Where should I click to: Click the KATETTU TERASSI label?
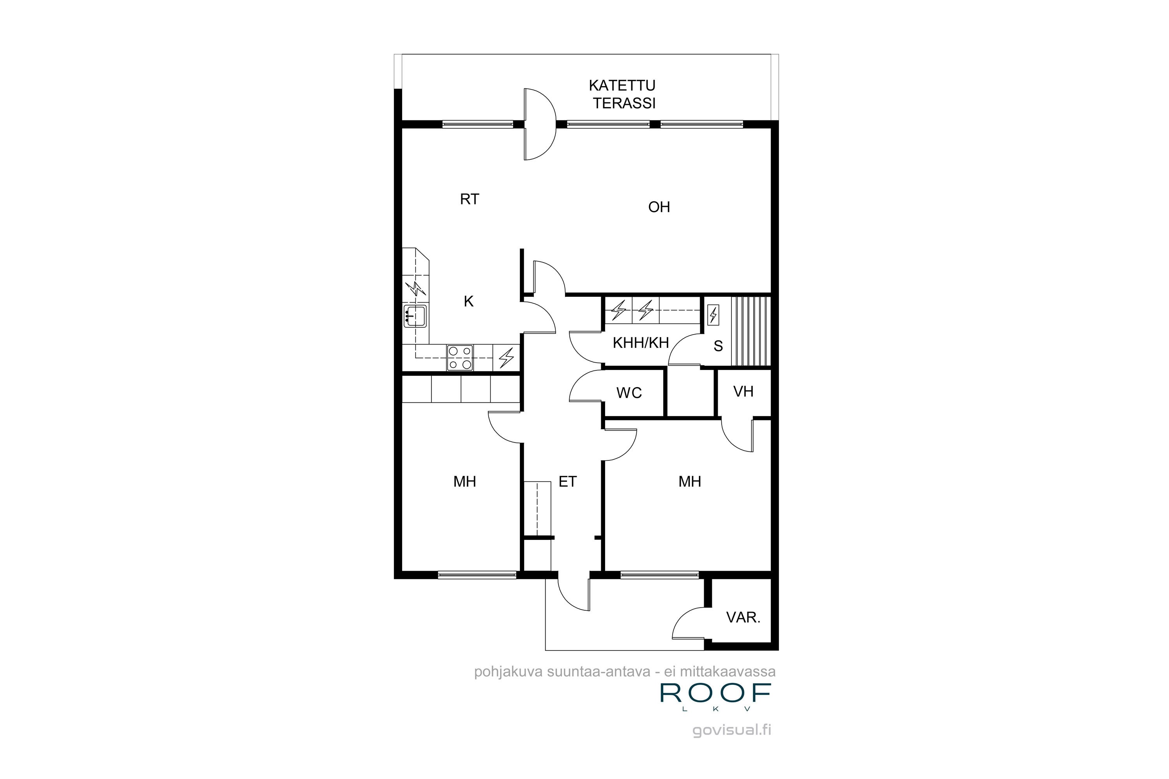[x=623, y=94]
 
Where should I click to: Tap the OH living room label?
[x=659, y=207]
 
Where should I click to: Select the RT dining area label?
[x=469, y=199]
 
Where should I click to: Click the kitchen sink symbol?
[x=415, y=316]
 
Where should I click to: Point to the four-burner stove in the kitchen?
[x=460, y=358]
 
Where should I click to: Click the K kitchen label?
[x=468, y=301]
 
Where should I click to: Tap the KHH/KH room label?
[x=640, y=343]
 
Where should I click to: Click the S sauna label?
[x=718, y=346]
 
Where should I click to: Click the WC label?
[x=629, y=393]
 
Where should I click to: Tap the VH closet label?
[x=743, y=391]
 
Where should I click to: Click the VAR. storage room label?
[x=743, y=617]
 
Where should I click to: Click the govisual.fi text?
[x=732, y=730]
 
